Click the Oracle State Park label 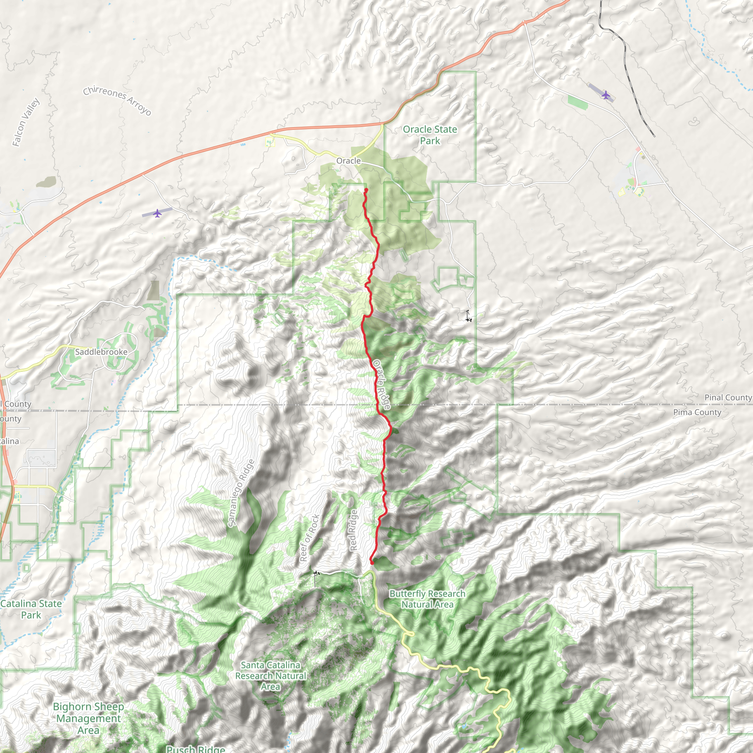click(429, 135)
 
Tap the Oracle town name click(348, 161)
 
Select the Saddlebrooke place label click(101, 351)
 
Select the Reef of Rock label click(310, 538)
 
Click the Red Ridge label click(353, 530)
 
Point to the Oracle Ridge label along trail click(382, 384)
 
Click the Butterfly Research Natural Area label click(427, 599)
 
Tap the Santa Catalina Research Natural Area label click(271, 675)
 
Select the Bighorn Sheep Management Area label click(89, 718)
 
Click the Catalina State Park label click(31, 609)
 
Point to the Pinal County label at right click(728, 397)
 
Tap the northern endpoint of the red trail click(366, 190)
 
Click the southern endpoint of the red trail click(371, 563)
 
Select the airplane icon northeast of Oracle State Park click(605, 95)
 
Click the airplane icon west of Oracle click(157, 213)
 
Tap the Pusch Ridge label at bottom click(196, 749)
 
